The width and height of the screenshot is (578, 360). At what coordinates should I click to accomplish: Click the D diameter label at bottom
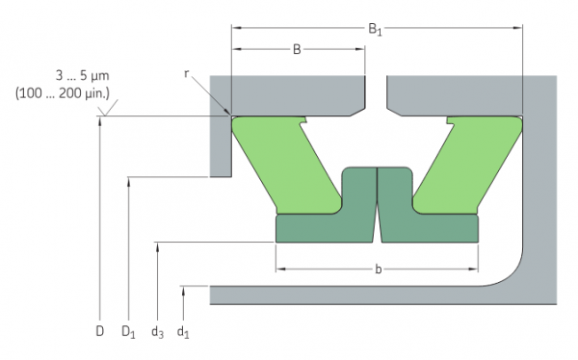[x=99, y=332]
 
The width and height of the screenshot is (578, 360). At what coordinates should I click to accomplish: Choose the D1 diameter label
[x=127, y=332]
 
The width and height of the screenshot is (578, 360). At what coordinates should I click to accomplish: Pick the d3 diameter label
[x=156, y=332]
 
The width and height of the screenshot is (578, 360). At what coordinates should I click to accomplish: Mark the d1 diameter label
[x=183, y=332]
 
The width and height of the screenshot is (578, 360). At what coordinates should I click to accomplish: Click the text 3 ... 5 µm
[x=85, y=74]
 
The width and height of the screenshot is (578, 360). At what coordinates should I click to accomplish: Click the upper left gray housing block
[x=289, y=92]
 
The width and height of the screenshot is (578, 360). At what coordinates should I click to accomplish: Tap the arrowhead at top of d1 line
[x=183, y=288]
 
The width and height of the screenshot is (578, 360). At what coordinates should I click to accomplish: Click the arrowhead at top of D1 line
[x=128, y=180]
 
